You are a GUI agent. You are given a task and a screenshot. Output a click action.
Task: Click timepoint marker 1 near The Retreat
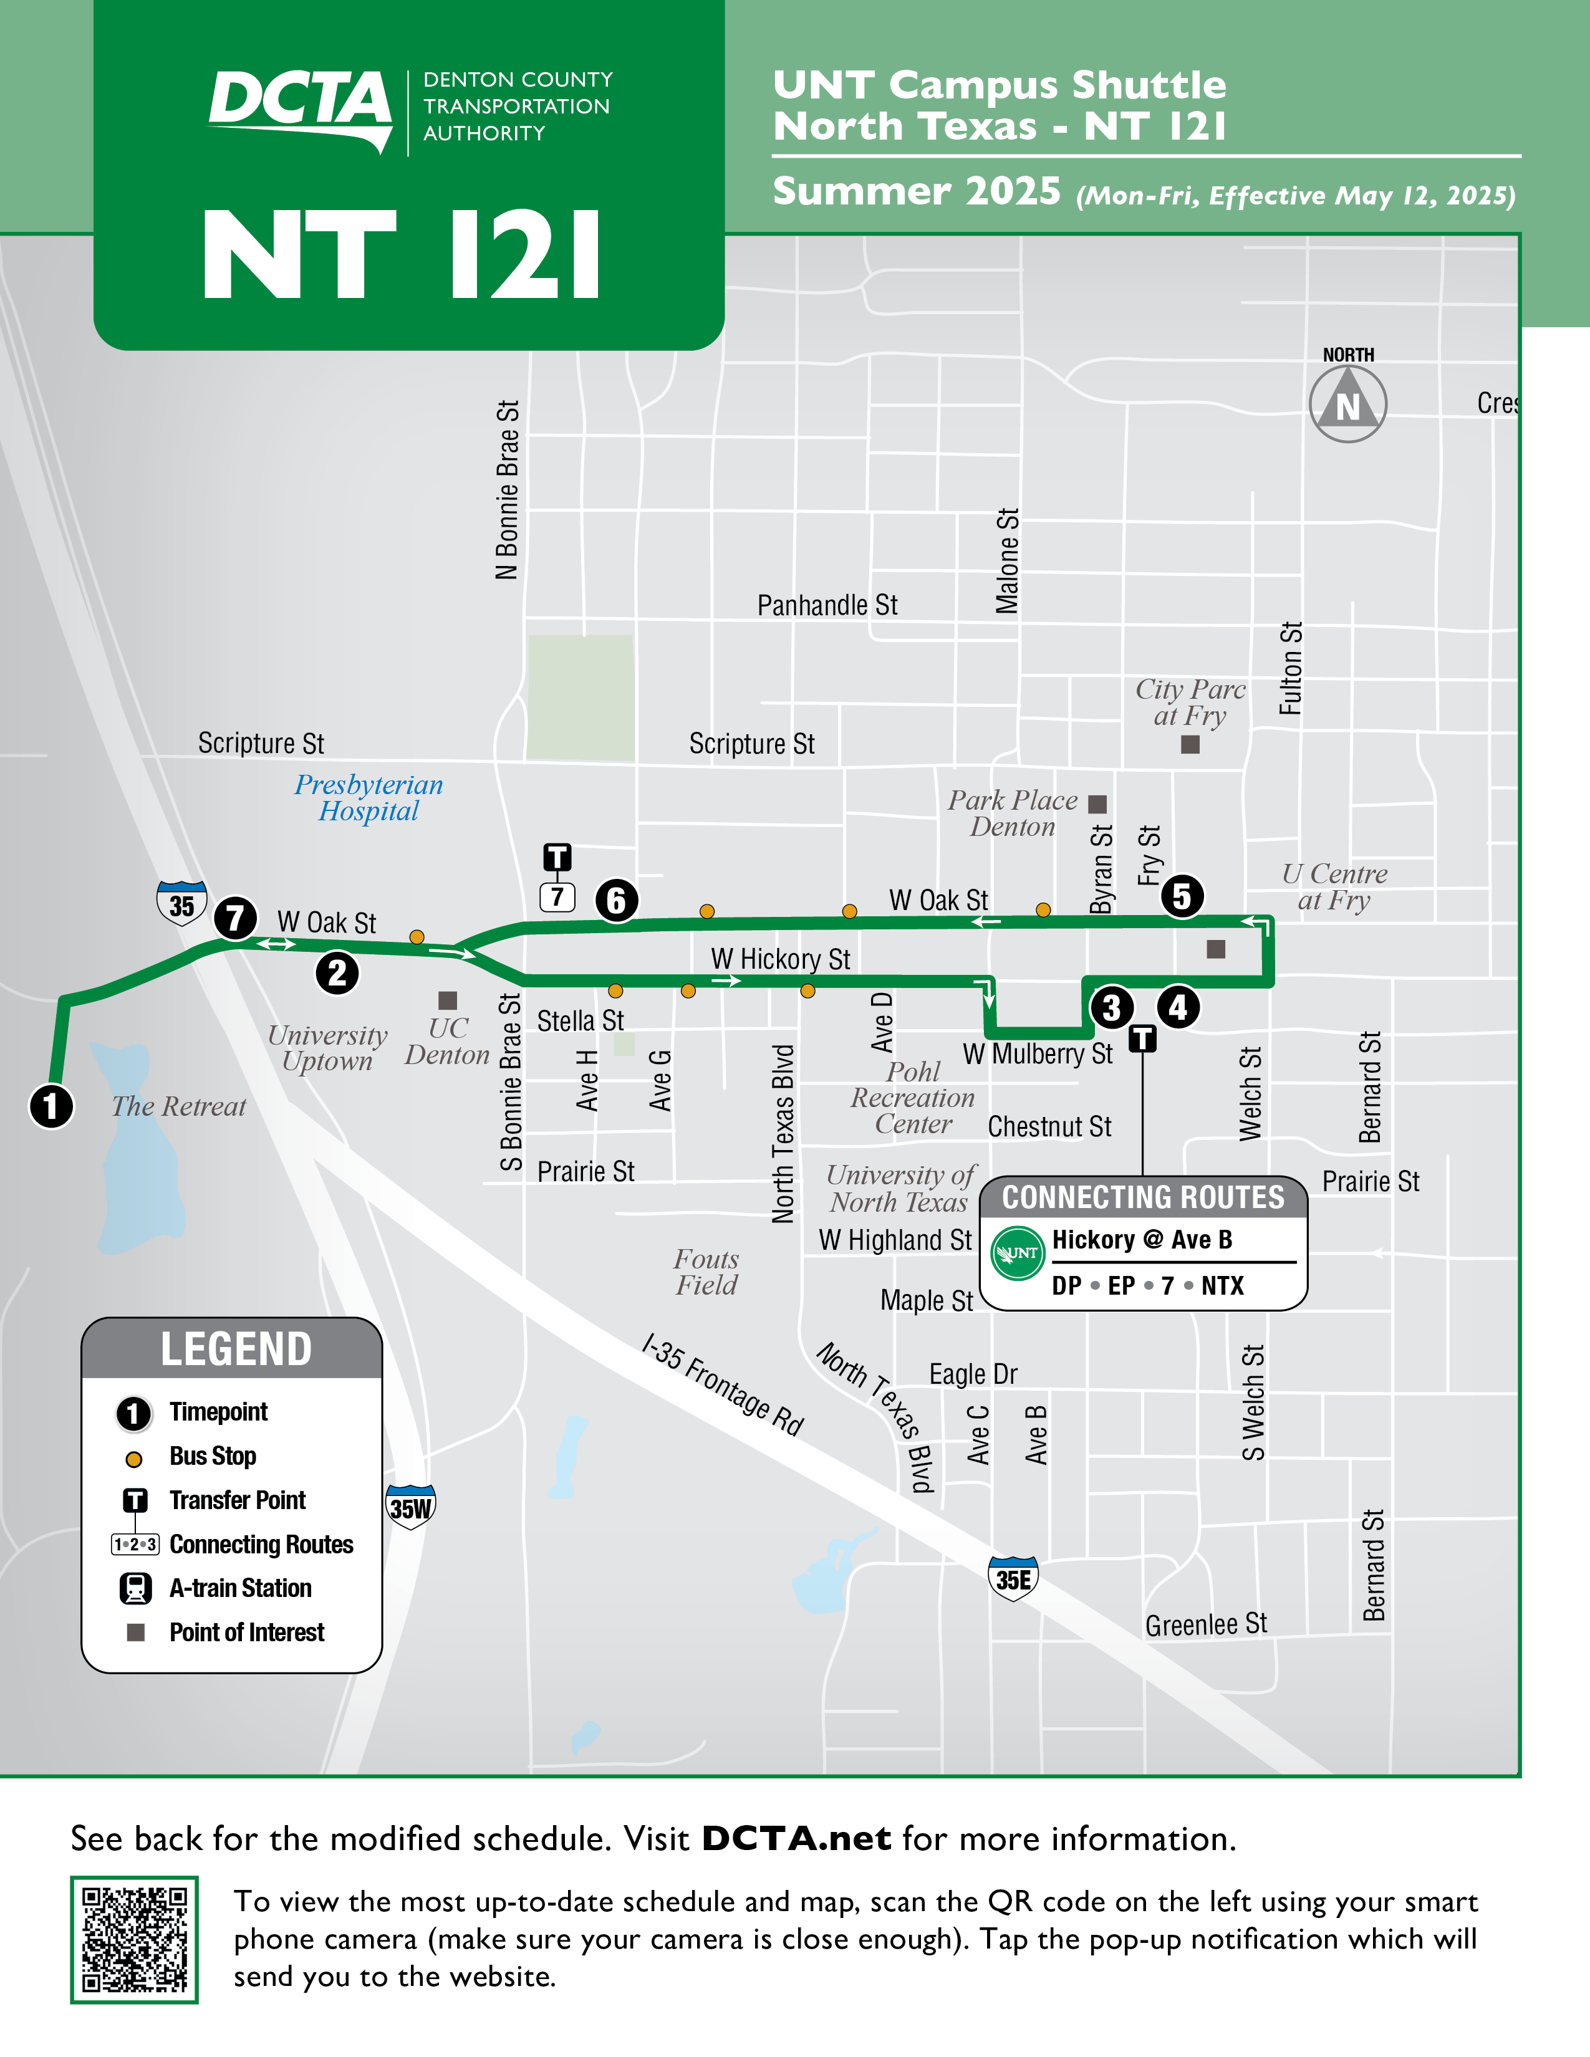click(52, 1106)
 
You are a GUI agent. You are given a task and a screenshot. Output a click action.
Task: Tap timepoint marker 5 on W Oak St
click(1181, 896)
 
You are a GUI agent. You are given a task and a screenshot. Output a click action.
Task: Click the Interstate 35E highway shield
click(1013, 1578)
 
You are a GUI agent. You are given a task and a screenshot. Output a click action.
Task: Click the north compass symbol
click(1348, 404)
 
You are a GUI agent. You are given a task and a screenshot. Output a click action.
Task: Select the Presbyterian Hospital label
click(369, 798)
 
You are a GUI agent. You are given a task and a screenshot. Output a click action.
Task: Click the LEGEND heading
click(236, 1349)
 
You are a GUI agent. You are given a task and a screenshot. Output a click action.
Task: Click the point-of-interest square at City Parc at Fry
click(1190, 745)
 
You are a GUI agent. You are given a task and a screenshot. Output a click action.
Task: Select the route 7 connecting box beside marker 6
click(557, 896)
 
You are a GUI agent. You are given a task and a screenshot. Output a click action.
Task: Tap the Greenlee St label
click(1206, 1624)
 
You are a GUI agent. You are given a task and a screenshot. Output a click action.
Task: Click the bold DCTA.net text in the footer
click(796, 1838)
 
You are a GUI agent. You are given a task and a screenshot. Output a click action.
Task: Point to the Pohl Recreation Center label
click(913, 1098)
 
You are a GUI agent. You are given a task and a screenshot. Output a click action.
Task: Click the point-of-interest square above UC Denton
click(448, 1000)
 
